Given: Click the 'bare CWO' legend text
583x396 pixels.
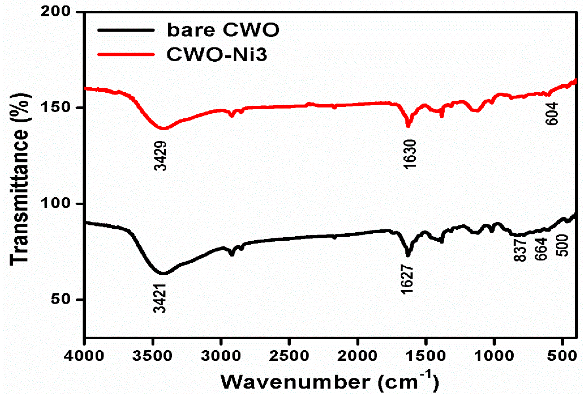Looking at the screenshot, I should coord(223,30).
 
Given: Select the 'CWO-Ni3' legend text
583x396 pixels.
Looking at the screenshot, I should coord(217,54).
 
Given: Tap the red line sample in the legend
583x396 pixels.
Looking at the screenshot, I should coord(126,54).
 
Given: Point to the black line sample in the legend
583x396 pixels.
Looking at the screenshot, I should coord(126,30).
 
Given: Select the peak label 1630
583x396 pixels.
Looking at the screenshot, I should coord(410,154).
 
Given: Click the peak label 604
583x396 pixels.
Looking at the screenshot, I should coord(552,113).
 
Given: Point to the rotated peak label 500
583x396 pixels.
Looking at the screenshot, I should coord(562,246).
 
